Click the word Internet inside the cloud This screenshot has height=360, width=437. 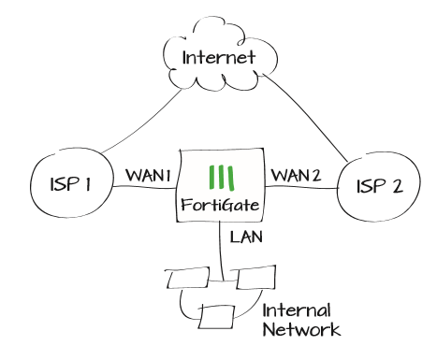tap(218, 57)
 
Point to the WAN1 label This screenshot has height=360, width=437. tap(145, 175)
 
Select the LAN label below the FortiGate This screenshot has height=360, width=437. tap(245, 238)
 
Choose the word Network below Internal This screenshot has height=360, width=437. tap(300, 328)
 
